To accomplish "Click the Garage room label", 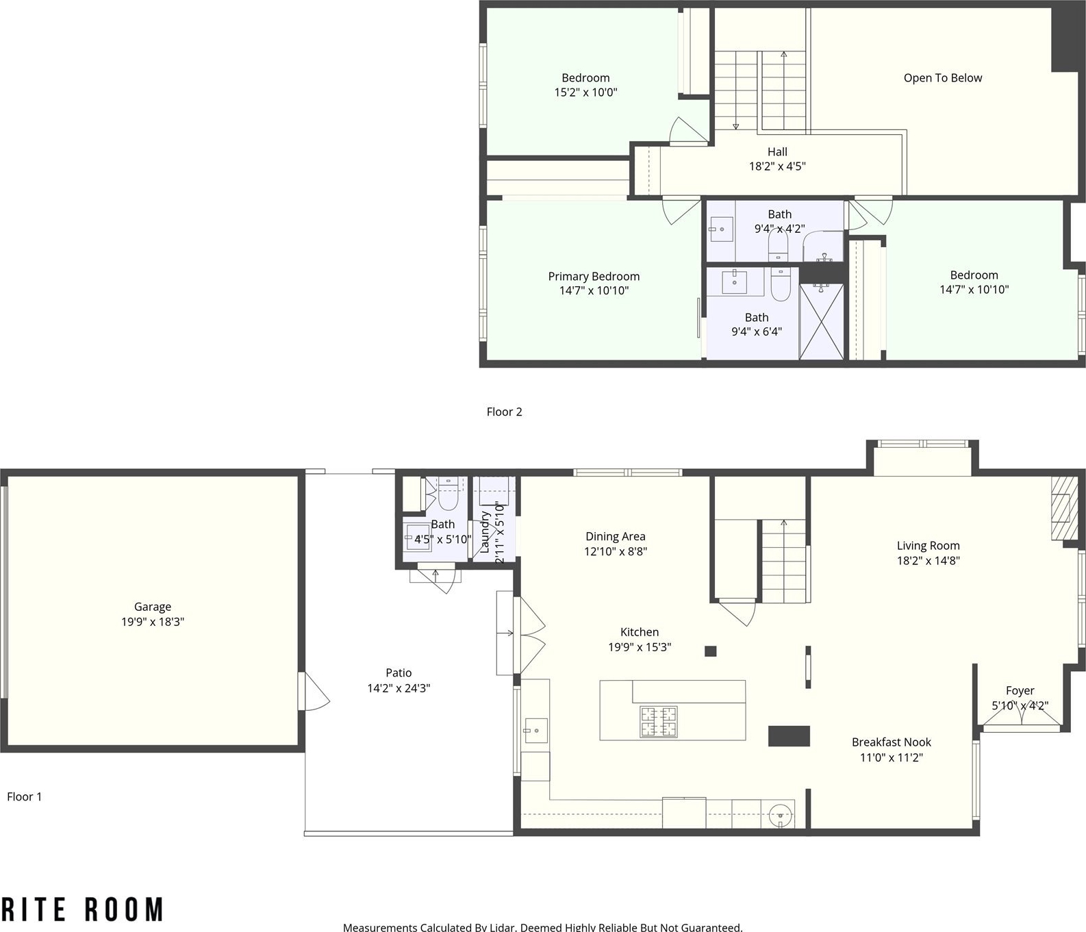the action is (x=152, y=607).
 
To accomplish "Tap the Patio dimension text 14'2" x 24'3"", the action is (x=399, y=688).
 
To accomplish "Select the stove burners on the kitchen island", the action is (x=658, y=721).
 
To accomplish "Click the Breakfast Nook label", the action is (x=891, y=742).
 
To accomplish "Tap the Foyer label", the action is (x=1020, y=691).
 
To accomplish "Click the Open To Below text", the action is (x=942, y=78).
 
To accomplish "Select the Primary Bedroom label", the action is (x=594, y=277).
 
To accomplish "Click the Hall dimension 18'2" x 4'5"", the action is (x=777, y=166).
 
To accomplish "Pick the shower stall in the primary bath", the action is (x=822, y=321).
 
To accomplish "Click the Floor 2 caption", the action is (x=504, y=412).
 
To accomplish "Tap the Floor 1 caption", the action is (x=24, y=796).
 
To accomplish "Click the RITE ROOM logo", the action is (x=82, y=909).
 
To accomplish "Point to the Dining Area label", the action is (x=615, y=537).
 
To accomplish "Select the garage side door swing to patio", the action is (x=314, y=691).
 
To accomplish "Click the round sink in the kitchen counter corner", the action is (x=781, y=816).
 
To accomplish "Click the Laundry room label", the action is (x=485, y=532).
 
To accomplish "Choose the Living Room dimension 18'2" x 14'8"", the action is (x=928, y=561).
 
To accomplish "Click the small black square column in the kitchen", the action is (x=710, y=651).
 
